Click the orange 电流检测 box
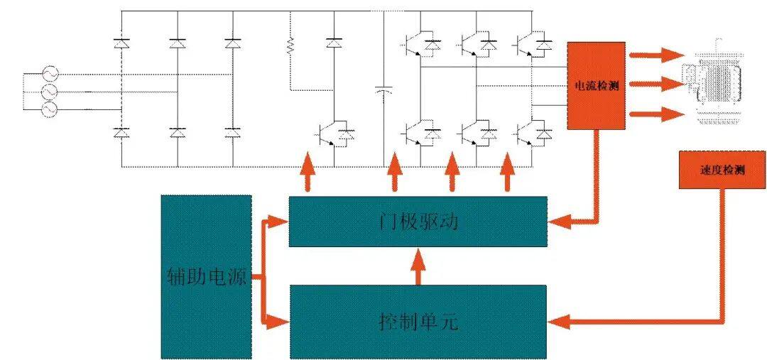point(597,86)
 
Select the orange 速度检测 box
point(722,170)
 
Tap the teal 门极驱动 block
point(418,222)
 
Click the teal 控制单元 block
point(418,322)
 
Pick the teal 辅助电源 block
point(207,278)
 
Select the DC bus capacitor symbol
point(383,91)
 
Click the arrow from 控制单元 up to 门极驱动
point(418,266)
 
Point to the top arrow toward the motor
point(655,55)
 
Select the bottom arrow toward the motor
point(656,114)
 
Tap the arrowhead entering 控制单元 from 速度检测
point(558,322)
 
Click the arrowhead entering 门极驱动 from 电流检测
point(558,222)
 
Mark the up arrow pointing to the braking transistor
point(308,171)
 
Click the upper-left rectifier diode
point(121,44)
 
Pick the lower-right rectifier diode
point(232,133)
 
